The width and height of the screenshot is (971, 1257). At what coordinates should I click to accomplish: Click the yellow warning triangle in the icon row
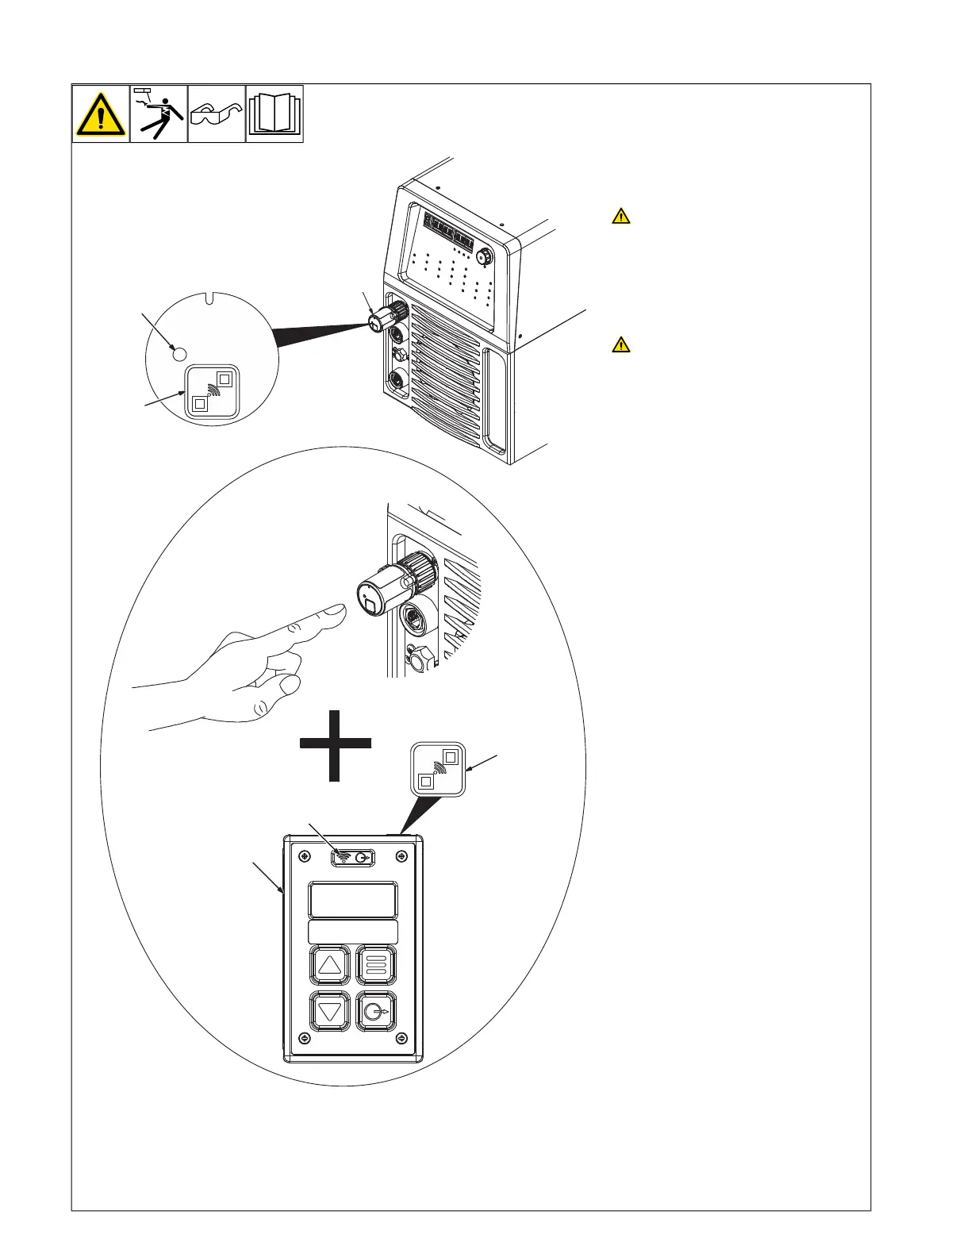(101, 114)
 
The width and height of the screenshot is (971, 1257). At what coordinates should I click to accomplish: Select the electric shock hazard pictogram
(159, 113)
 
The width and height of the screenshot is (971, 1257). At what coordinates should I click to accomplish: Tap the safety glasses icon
(217, 113)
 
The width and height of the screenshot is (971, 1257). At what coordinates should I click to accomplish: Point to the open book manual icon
(274, 113)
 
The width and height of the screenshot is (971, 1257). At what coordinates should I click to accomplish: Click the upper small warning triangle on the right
(621, 216)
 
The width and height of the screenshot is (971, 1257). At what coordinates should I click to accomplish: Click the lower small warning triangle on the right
(621, 344)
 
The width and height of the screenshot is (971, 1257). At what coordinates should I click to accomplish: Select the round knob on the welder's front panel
(484, 256)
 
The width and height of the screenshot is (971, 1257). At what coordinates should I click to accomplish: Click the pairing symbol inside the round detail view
(212, 390)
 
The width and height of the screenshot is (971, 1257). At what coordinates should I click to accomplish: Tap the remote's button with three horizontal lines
(376, 965)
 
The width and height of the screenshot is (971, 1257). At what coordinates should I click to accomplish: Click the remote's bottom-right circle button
(376, 1011)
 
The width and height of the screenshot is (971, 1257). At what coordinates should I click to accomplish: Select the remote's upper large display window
(353, 900)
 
